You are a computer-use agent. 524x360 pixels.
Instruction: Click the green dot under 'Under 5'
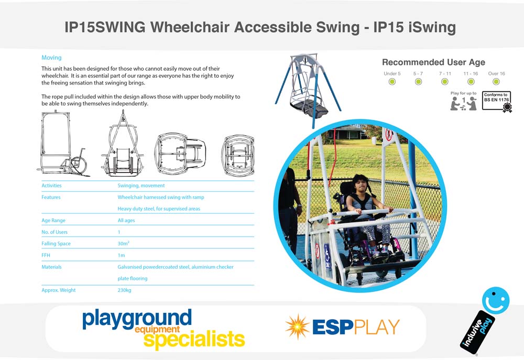point(392,82)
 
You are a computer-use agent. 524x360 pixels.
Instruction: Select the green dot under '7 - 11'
point(444,82)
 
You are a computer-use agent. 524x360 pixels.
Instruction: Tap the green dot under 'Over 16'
point(496,82)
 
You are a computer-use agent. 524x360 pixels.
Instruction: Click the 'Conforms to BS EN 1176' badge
point(497,101)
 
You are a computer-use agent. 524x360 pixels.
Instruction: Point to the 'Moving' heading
point(51,58)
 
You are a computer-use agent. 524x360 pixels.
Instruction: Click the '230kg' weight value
point(124,290)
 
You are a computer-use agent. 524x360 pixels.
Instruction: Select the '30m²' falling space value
point(123,243)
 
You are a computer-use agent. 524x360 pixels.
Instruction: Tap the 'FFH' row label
point(46,255)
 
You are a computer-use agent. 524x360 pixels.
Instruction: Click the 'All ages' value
point(126,220)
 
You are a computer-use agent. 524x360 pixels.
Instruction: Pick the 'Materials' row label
point(51,267)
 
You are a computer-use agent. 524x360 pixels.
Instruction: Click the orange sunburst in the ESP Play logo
point(297,326)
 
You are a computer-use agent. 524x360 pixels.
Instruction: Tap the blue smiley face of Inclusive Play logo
point(496,300)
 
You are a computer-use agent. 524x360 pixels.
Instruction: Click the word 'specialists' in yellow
point(194,339)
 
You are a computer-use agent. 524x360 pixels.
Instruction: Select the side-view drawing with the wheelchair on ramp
point(63,143)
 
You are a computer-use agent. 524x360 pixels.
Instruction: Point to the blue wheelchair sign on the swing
point(327,256)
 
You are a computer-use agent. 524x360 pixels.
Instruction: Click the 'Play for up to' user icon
point(463,103)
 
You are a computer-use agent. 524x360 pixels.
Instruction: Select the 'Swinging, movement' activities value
point(141,186)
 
